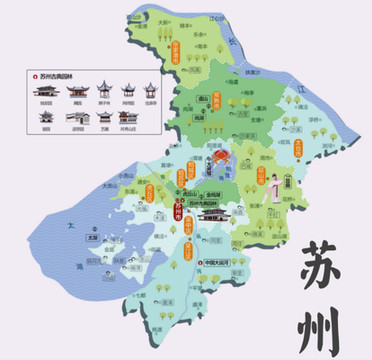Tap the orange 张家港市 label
coord(176,55)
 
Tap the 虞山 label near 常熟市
coord(203,100)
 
